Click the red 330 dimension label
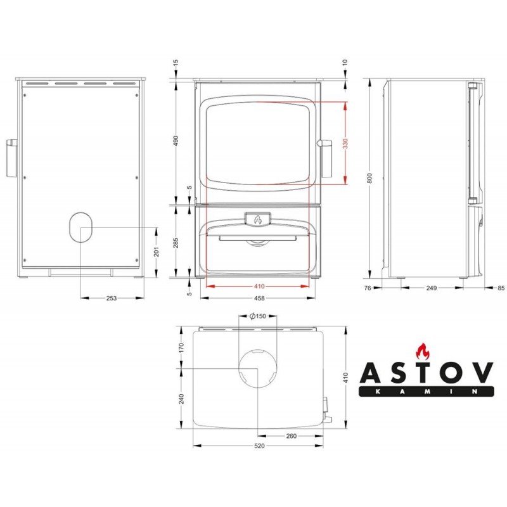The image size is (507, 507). click(x=345, y=143)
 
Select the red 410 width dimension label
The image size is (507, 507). click(x=259, y=286)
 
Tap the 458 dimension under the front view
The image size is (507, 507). click(x=259, y=298)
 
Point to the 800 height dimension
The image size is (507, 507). click(x=370, y=178)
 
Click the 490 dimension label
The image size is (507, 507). click(x=176, y=141)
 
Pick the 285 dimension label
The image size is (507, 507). click(x=176, y=243)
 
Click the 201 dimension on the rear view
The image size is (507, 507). click(x=157, y=252)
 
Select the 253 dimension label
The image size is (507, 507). click(x=112, y=298)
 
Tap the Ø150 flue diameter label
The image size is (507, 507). click(x=258, y=316)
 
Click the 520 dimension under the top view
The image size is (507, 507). click(x=259, y=446)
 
